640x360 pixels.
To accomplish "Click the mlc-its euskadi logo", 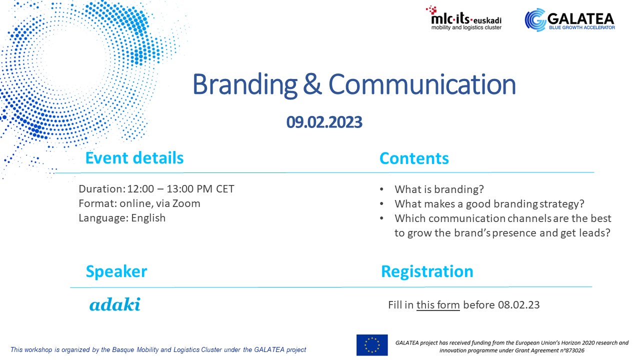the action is pos(463,18).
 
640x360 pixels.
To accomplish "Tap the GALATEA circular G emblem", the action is pos(535,19).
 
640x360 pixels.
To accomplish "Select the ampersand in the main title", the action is pos(312,84).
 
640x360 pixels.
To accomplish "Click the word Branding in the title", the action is pos(245,85).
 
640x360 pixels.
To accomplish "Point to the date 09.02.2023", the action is pos(324,122).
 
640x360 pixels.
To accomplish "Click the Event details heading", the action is pos(134,157).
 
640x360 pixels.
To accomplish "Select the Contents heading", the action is pos(414,158).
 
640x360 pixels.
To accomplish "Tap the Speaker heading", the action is pos(116,271).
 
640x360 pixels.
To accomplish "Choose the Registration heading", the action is pos(427,271).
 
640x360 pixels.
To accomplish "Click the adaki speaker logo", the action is pos(115,304).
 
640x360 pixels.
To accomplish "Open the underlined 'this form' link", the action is pos(438,305).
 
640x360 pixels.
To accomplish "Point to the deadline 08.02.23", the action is pos(519,305).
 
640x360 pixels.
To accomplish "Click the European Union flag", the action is pos(372,345).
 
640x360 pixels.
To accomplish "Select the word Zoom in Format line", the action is pos(186,203).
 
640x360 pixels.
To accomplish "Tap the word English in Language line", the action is pos(148,218).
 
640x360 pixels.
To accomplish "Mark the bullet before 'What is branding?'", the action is pos(381,189).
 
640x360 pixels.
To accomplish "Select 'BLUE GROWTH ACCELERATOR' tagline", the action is pos(582,27).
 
